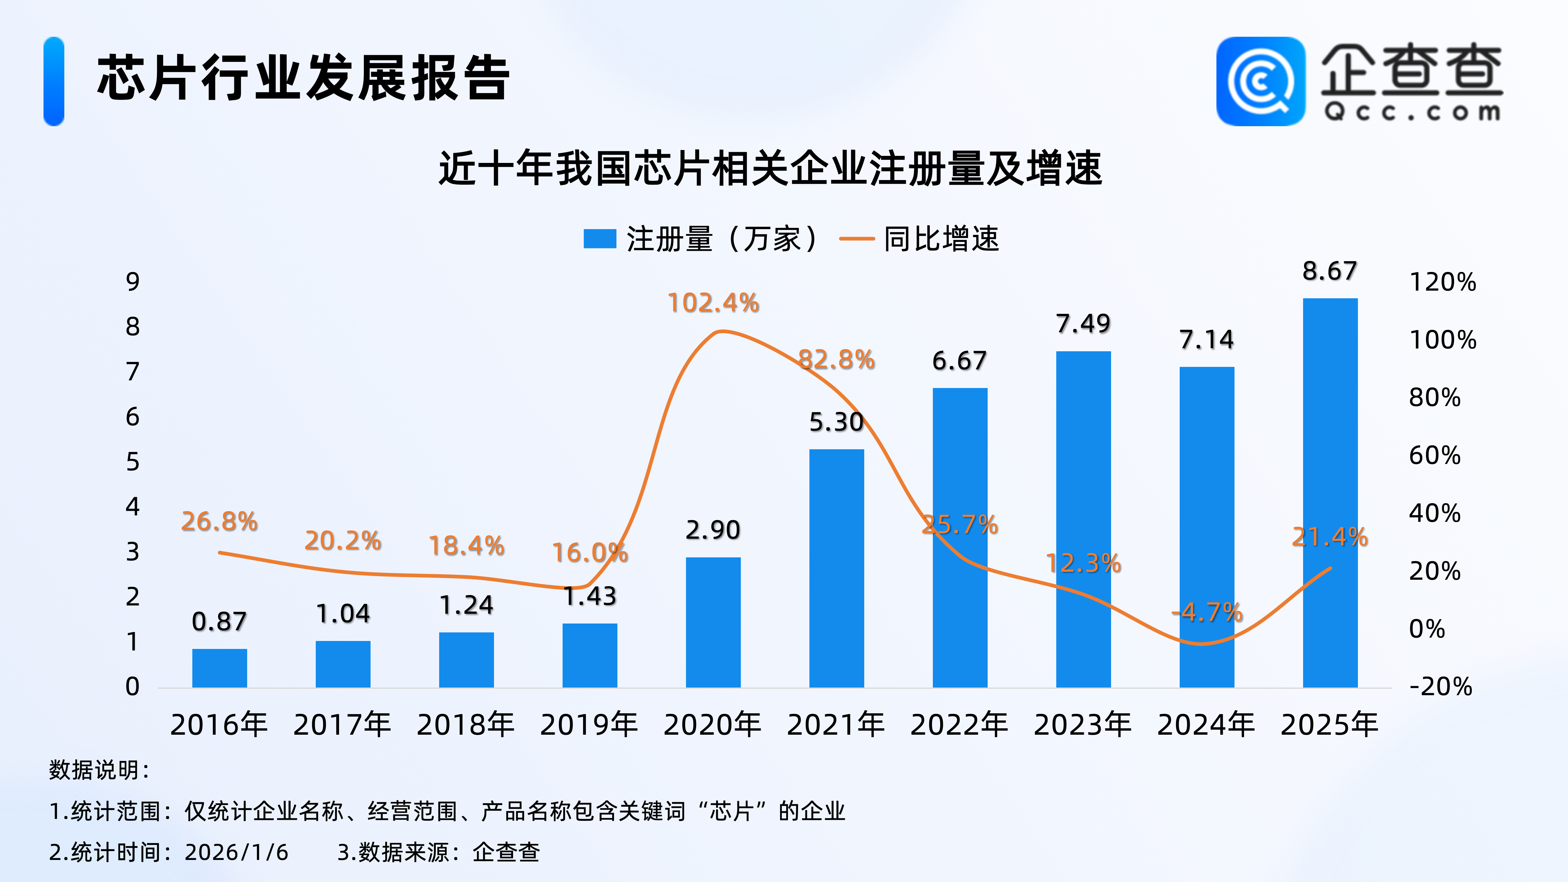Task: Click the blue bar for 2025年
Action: click(1330, 493)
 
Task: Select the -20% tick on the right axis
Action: click(1440, 687)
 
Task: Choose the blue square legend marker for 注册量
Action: click(600, 239)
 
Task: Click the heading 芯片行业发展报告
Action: click(303, 78)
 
